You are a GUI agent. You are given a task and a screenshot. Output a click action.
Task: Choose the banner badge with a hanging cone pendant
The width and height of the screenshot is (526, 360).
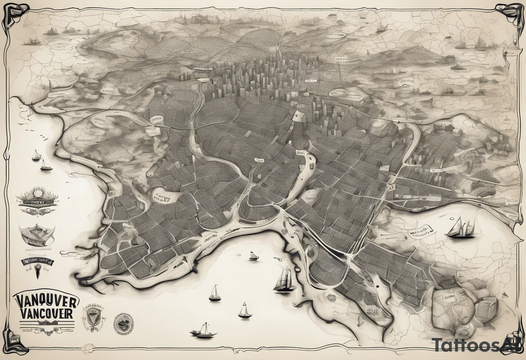(38, 263)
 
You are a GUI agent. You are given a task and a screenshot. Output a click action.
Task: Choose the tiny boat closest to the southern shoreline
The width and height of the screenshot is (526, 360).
(254, 256)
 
